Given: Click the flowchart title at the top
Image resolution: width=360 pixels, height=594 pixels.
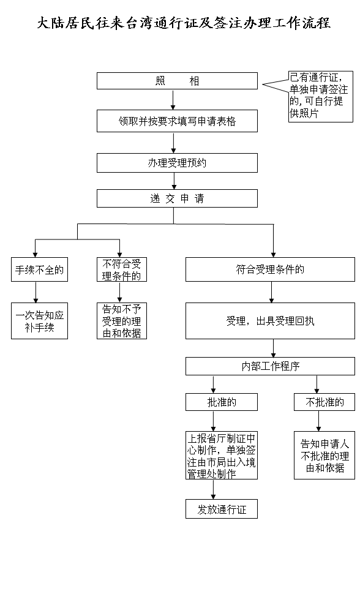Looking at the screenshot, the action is [184, 23].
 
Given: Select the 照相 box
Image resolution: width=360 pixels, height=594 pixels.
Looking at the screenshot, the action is [177, 81].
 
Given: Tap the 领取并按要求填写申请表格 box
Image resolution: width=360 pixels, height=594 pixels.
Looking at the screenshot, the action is [177, 121].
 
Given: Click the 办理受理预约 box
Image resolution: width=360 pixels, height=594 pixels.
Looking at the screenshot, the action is [177, 163].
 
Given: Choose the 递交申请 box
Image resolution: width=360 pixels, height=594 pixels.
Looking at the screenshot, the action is [177, 198].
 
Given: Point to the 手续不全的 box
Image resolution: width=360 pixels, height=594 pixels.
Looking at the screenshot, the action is [39, 269].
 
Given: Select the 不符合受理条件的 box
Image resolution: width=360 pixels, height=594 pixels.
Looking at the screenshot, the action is [122, 269].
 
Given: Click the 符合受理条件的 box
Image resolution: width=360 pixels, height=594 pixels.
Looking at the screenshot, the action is [270, 269].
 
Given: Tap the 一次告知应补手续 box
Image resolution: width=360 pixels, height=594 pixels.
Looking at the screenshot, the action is [39, 321].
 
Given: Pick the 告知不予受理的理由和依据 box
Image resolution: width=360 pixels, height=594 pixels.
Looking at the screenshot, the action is [122, 321].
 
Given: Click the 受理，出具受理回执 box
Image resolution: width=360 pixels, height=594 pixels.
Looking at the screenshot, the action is [270, 321].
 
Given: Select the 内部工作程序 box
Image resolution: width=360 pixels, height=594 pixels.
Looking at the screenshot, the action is [270, 366].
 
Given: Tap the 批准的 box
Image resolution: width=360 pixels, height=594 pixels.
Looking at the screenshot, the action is [221, 402].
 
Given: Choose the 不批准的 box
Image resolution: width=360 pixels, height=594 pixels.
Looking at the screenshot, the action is [324, 402].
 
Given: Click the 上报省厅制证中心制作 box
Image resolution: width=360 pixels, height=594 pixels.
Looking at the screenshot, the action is [221, 456].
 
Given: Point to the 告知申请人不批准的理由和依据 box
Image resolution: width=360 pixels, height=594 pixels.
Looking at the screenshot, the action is [324, 456].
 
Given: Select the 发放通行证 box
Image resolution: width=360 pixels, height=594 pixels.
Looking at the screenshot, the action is [221, 509].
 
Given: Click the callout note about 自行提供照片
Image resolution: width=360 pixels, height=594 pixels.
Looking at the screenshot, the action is [321, 97].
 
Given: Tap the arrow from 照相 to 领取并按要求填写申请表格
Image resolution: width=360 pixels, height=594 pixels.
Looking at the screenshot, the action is [173, 100].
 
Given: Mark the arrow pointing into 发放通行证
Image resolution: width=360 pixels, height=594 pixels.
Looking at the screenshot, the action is [213, 489].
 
